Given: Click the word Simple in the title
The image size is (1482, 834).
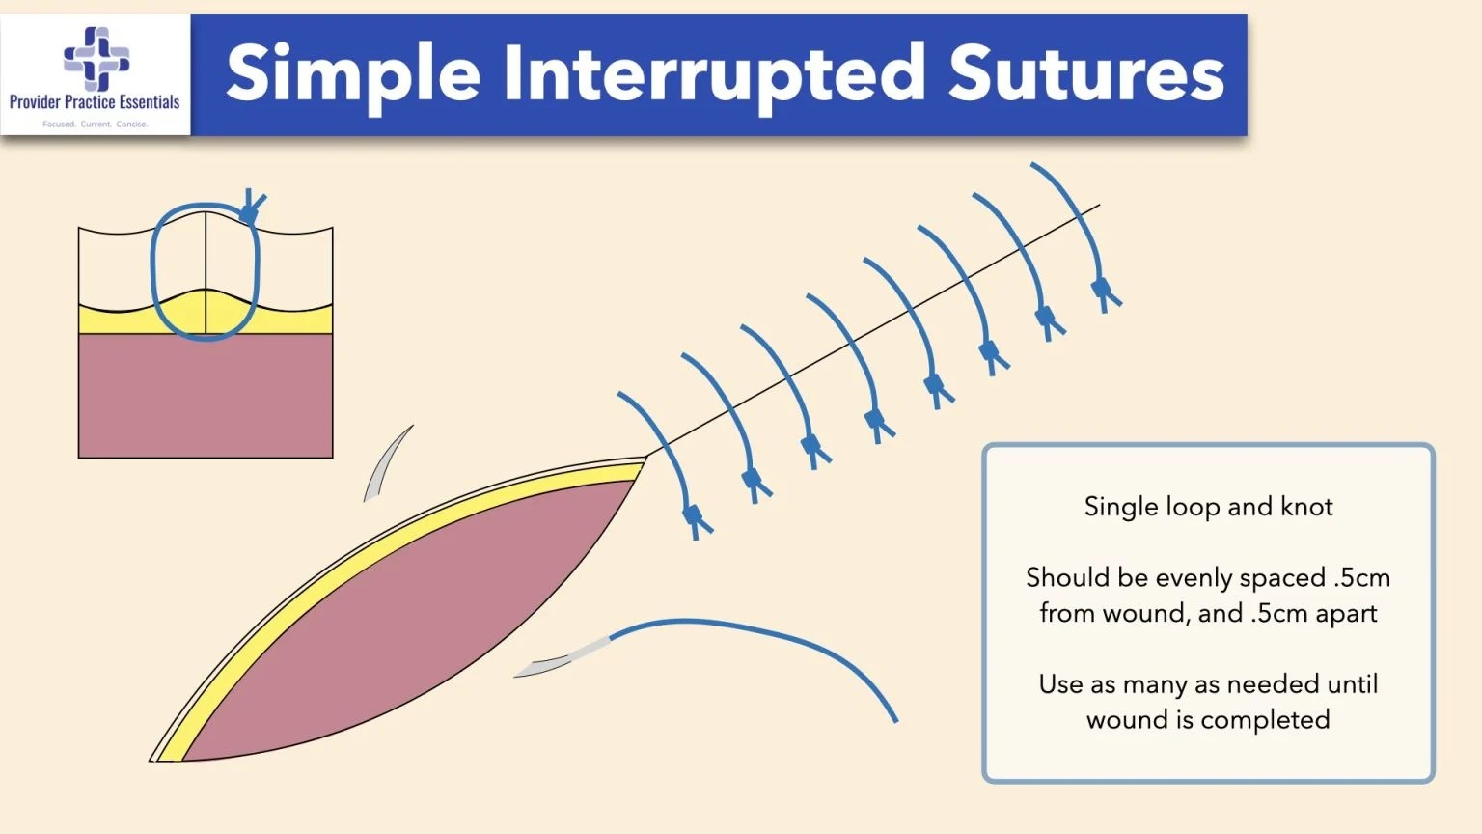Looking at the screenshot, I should click(353, 75).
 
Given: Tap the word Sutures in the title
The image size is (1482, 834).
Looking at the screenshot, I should click(1085, 75).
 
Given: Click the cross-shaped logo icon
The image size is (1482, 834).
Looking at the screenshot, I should click(96, 58).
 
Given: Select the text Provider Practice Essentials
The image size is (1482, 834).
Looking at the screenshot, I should click(95, 101).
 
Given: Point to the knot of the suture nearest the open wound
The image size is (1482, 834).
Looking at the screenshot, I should click(695, 518).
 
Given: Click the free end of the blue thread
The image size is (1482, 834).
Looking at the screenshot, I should click(894, 719).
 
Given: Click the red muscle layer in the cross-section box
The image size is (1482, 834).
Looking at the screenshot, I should click(206, 396).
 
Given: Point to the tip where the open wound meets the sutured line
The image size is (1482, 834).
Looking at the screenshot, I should click(645, 459).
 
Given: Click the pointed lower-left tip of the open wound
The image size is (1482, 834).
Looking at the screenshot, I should click(154, 760).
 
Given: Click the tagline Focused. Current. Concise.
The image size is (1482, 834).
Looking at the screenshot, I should click(95, 124).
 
